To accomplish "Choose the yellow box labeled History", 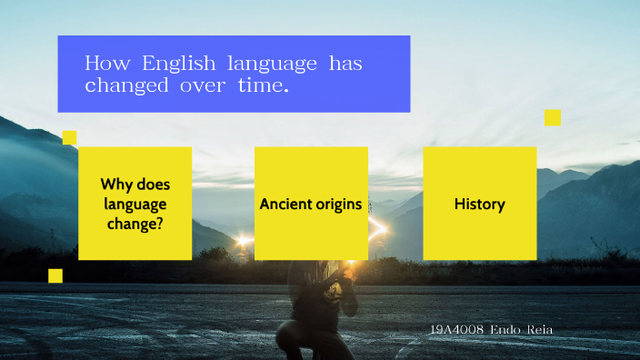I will pos(479,204).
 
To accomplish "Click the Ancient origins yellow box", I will pos(311,204).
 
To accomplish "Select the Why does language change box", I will pos(135,204).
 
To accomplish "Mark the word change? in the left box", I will pos(135,224).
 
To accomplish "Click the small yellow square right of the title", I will pos(553,117).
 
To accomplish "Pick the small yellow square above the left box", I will pos(69,137).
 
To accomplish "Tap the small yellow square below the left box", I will pos(55,275).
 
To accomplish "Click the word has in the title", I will pos(345,64).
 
